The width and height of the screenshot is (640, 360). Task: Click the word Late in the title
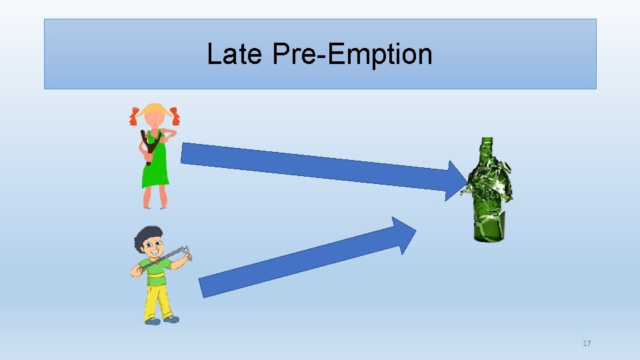click(234, 54)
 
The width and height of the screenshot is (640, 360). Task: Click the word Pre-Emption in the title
click(352, 54)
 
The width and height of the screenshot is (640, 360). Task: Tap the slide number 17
click(587, 343)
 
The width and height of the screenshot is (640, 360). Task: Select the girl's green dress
click(155, 167)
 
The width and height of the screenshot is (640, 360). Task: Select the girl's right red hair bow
click(175, 116)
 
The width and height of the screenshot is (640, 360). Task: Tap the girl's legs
click(155, 197)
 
